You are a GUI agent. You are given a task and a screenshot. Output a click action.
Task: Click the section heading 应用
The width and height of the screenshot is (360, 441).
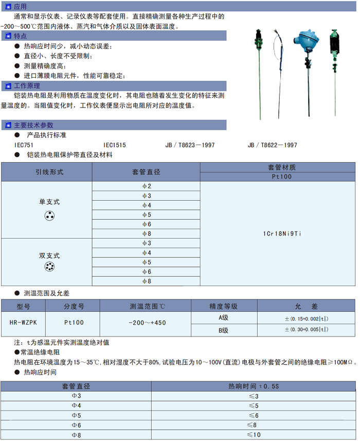[x=20, y=7]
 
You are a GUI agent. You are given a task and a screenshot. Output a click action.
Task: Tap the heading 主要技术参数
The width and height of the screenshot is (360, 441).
[x=33, y=125]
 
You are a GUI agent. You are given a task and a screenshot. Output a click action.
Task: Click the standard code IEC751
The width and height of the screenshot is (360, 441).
[x=24, y=145]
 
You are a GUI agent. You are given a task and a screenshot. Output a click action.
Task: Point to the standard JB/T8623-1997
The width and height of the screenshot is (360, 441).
[x=190, y=145]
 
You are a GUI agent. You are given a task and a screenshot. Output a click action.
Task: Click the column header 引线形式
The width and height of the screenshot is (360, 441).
[x=49, y=172]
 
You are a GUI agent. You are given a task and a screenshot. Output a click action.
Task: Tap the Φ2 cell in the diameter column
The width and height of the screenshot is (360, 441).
[x=147, y=186]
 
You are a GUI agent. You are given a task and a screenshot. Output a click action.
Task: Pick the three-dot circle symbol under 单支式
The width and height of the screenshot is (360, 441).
[x=49, y=217]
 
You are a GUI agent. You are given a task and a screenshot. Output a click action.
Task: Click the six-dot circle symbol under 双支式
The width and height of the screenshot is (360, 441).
[x=49, y=267]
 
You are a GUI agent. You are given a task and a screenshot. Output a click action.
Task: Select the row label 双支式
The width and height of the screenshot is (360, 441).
[x=49, y=255]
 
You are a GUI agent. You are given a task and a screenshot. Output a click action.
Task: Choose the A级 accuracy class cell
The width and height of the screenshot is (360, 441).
[x=223, y=317]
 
